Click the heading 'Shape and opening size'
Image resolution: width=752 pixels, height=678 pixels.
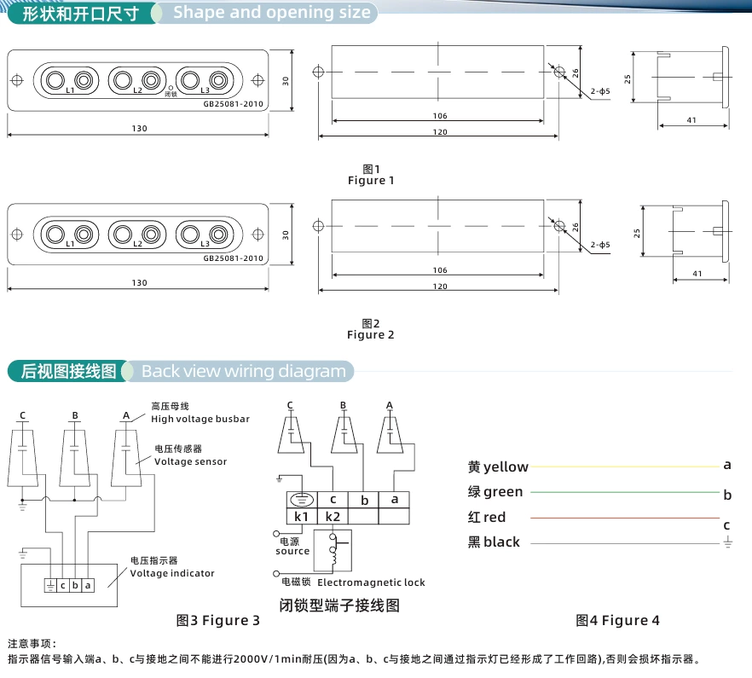point(272,13)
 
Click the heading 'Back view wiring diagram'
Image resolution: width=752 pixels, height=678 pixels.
point(244,371)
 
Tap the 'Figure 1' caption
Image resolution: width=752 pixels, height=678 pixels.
point(371,181)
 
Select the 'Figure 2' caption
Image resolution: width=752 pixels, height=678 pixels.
point(371,335)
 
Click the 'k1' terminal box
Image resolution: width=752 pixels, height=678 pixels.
point(301,516)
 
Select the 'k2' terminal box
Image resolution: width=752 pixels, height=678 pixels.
point(333,516)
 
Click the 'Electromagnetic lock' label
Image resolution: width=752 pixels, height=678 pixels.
point(371,582)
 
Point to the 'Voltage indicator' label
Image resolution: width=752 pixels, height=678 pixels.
point(172,573)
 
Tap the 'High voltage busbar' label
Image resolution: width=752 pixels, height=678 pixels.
point(200,419)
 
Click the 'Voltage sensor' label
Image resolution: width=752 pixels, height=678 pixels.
point(191,461)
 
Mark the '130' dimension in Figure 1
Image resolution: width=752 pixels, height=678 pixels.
point(140,129)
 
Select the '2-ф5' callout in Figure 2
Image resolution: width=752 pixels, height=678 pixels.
point(600,245)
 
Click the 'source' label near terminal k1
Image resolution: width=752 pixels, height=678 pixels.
point(292,551)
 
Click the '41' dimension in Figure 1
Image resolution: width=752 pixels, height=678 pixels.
point(691,120)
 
